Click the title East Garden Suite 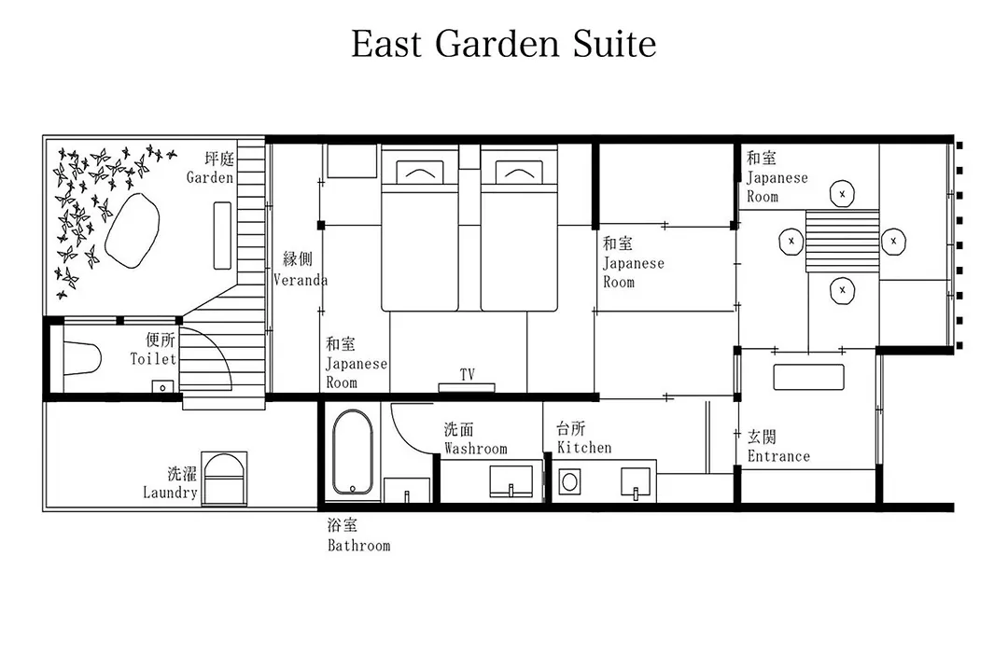(503, 44)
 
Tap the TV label (468, 375)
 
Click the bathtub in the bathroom (352, 452)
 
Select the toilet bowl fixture (82, 358)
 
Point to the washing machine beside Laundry (224, 479)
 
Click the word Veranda (301, 280)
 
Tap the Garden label (210, 177)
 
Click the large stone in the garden (132, 230)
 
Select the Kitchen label (584, 448)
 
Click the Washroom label (476, 449)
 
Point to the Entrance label (778, 456)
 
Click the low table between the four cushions (842, 241)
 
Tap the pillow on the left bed (419, 172)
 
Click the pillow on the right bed (519, 172)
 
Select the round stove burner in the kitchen (569, 481)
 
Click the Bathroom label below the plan (358, 546)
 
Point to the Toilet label (153, 358)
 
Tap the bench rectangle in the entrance (808, 377)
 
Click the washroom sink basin (511, 481)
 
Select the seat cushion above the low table (842, 193)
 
